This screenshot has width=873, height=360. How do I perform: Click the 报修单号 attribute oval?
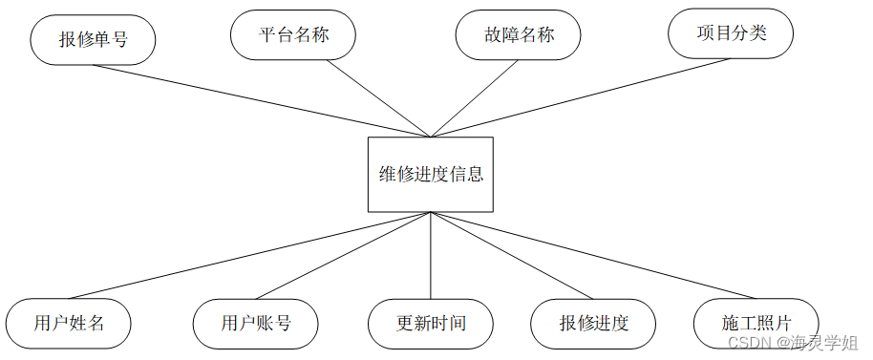(93, 40)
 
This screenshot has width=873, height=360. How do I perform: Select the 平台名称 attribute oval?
(293, 34)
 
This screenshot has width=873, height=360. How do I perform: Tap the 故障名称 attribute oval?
(518, 34)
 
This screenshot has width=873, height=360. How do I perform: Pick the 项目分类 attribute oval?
(731, 32)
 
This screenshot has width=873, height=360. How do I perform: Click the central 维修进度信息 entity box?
(431, 175)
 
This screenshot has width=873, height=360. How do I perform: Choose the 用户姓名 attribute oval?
(68, 323)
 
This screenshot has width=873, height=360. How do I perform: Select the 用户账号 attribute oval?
(255, 323)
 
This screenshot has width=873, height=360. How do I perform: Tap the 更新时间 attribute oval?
(431, 323)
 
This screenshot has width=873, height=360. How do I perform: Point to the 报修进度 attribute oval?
(594, 323)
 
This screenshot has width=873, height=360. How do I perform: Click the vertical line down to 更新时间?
(431, 256)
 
